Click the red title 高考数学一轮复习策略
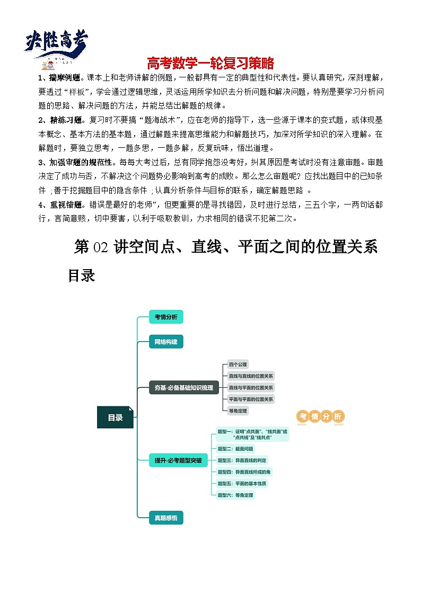click(210, 64)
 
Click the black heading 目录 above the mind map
click(81, 276)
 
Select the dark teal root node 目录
click(115, 418)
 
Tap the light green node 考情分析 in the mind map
click(165, 317)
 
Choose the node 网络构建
click(165, 342)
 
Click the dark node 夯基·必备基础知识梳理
click(183, 387)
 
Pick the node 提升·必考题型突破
click(178, 460)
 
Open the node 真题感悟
click(165, 518)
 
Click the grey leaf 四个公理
click(238, 365)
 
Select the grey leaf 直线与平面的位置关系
click(251, 387)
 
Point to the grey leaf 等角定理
click(238, 411)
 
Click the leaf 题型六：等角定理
click(235, 495)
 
